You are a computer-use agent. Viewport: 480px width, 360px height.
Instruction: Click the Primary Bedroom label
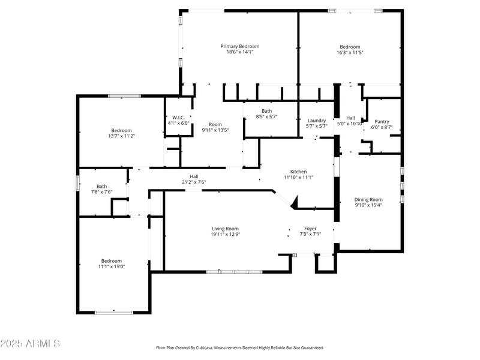240,46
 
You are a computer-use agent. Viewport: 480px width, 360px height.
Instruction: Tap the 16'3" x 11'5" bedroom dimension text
350,53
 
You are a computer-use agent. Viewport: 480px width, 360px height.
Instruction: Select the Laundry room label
316,120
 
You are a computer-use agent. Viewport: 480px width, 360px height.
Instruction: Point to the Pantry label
382,121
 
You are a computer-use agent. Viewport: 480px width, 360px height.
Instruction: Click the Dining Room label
368,200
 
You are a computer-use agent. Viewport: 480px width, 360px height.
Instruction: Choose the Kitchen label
298,172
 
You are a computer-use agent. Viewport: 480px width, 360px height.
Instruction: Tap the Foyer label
310,229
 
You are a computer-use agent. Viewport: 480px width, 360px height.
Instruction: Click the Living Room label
225,229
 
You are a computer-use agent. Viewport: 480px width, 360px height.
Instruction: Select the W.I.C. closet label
178,118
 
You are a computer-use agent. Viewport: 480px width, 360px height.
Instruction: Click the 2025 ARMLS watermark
30,344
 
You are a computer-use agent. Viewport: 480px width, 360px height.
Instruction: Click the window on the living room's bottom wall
235,272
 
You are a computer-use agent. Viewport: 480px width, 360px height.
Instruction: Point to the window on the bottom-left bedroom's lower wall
114,312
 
